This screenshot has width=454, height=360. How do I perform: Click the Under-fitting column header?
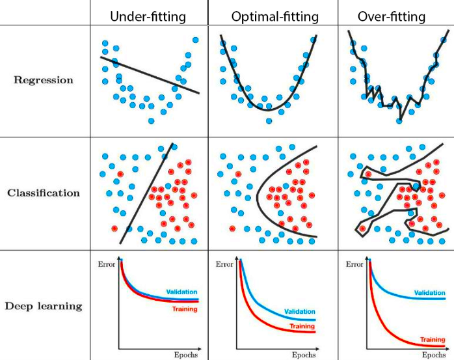click(149, 17)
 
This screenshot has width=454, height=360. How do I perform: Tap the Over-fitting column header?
click(390, 17)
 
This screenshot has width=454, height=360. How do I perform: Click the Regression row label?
click(44, 81)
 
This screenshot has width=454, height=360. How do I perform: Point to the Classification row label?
click(44, 193)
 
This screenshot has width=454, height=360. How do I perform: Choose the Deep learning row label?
click(44, 306)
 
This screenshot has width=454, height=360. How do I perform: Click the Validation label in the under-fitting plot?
click(181, 292)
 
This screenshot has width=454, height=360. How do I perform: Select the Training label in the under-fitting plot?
click(185, 309)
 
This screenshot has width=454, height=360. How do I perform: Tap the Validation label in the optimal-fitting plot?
click(299, 312)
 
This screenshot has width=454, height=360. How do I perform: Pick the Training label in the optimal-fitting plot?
click(302, 326)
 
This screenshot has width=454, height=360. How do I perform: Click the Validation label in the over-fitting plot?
click(429, 294)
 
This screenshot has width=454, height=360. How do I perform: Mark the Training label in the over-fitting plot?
click(432, 339)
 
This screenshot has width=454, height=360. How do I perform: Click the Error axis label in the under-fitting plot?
click(107, 264)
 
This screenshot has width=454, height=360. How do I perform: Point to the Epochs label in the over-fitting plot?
click(434, 355)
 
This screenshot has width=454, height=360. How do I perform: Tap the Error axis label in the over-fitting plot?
click(354, 264)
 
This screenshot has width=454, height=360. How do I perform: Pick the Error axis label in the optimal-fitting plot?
click(224, 264)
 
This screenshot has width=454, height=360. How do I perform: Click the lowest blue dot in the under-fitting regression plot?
click(152, 120)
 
